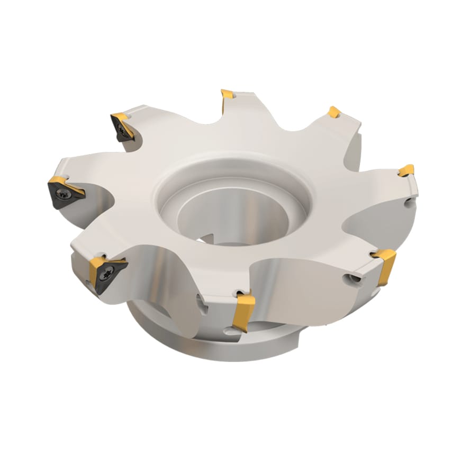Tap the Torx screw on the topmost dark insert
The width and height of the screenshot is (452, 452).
click(x=122, y=129)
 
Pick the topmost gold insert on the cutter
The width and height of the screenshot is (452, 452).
click(x=228, y=95)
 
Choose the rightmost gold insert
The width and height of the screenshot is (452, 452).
click(x=406, y=170)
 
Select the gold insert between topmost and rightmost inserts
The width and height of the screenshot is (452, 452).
click(x=333, y=112)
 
